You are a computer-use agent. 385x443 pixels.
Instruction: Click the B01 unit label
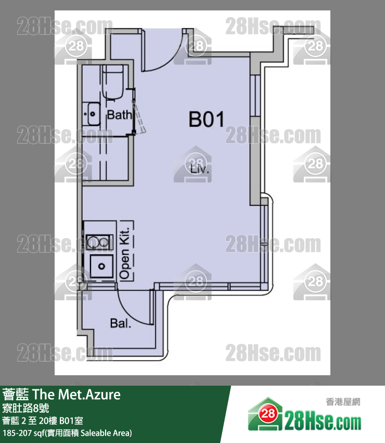[x=207, y=119]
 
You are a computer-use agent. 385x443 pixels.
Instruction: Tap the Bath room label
[x=120, y=115]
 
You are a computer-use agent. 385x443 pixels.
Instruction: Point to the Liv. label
[x=200, y=169]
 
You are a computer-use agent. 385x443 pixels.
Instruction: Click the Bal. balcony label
[x=121, y=323]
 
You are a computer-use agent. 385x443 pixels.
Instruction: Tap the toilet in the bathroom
[x=113, y=82]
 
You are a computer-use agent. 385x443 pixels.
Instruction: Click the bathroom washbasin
[x=93, y=114]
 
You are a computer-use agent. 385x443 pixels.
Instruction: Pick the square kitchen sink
[x=101, y=266]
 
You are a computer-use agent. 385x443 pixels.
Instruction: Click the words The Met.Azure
[x=76, y=395]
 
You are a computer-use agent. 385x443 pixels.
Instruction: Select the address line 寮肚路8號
[x=25, y=408]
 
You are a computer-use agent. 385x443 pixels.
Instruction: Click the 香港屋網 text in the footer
[x=343, y=402]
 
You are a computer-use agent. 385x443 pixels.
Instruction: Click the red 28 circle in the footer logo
[x=268, y=414]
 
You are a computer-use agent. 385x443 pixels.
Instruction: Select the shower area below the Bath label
[x=106, y=159]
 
